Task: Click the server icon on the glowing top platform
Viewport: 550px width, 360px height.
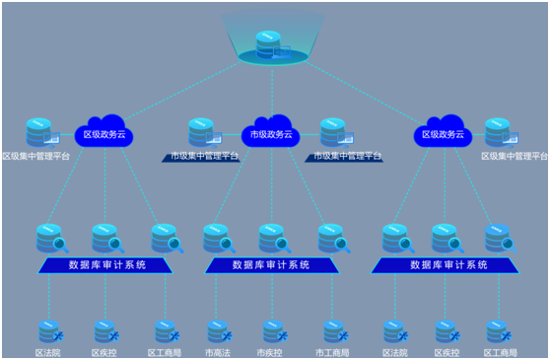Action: [269, 44]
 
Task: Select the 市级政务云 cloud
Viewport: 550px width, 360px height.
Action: [270, 134]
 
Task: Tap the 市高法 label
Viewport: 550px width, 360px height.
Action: [217, 352]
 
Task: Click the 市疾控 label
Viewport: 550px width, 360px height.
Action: [270, 352]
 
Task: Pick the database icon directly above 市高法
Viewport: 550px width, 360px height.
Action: [217, 331]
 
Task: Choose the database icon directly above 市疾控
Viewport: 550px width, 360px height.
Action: [273, 331]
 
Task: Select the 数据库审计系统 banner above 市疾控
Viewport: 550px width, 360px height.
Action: [271, 265]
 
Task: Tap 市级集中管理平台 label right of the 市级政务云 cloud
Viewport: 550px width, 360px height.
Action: [345, 156]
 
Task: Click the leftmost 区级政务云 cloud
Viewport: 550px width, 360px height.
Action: [103, 134]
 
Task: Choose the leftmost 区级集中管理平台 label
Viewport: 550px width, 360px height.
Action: [36, 156]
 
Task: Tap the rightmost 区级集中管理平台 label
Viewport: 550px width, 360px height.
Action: [514, 156]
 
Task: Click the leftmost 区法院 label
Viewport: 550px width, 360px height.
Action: [47, 352]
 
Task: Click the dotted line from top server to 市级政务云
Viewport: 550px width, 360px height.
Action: [270, 94]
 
